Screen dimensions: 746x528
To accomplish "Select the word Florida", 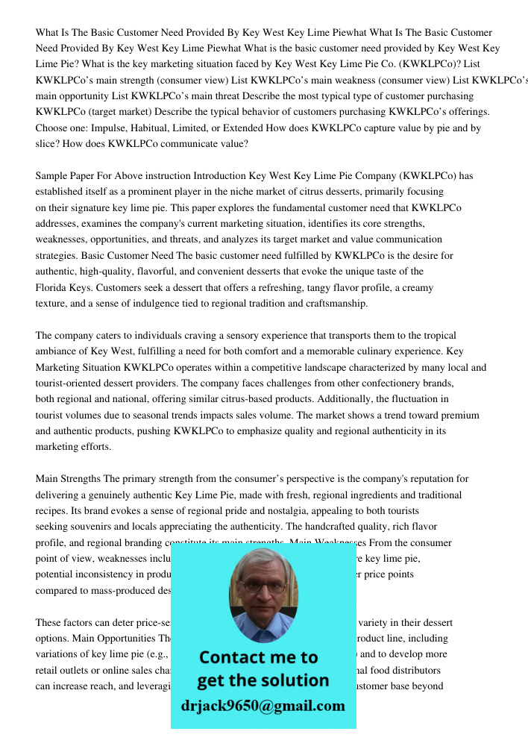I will (x=51, y=288).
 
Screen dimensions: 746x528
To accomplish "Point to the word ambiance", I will (x=59, y=351).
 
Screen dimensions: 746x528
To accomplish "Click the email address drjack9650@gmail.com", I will (x=263, y=705).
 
